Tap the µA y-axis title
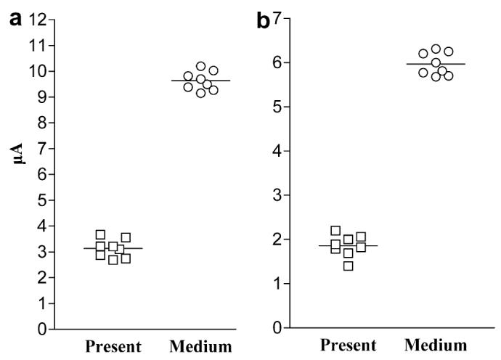[21, 153]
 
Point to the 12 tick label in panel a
[38, 20]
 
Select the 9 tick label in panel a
[42, 97]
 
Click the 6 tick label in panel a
[42, 174]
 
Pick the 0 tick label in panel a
[42, 330]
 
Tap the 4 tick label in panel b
[277, 151]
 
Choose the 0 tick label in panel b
[277, 328]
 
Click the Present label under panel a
[113, 346]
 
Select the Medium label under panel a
[200, 346]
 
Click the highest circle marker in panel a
[201, 67]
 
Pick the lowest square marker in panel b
[349, 266]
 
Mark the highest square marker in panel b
[335, 231]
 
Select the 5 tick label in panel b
[277, 107]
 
